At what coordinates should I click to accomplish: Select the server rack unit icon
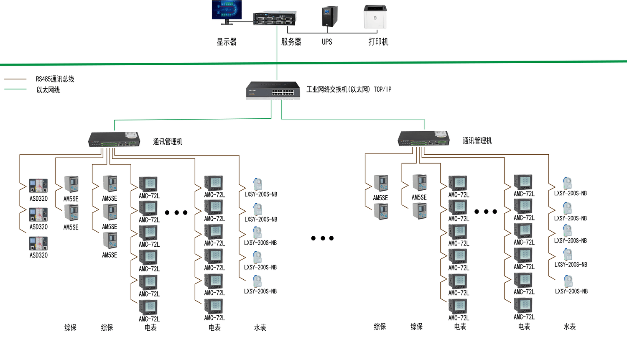[275, 18]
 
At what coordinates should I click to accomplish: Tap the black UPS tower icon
[329, 17]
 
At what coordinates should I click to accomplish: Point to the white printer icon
[375, 17]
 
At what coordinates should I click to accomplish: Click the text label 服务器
[291, 42]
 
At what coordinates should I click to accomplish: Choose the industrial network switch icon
[273, 90]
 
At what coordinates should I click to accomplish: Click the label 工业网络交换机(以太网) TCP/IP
[349, 89]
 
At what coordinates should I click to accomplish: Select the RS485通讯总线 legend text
[55, 79]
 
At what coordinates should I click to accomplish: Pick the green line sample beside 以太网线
[15, 89]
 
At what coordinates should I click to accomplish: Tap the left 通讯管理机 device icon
[114, 139]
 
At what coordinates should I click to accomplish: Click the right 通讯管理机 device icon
[423, 138]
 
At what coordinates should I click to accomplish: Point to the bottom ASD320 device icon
[38, 243]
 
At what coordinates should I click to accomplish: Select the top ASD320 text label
[38, 199]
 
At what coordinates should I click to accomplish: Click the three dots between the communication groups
[322, 238]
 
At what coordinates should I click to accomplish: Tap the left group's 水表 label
[260, 328]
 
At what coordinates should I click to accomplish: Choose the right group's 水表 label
[569, 327]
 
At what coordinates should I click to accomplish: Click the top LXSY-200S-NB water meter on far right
[567, 183]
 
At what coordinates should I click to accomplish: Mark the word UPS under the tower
[327, 42]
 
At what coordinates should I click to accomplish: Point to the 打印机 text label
[378, 42]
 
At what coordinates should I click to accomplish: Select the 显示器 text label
[227, 42]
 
